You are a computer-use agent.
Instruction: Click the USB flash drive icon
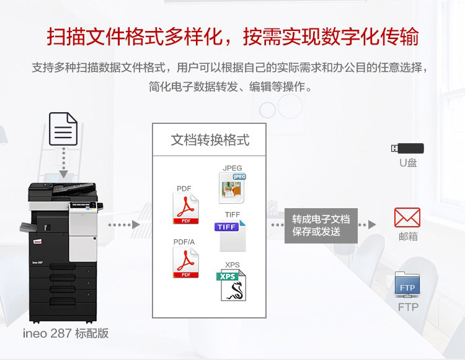[x=407, y=148]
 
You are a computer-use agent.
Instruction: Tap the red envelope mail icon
[x=407, y=217]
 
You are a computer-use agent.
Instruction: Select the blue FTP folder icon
[x=407, y=284]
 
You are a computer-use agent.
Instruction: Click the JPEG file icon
[x=232, y=188]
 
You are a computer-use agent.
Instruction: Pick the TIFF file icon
[x=231, y=235]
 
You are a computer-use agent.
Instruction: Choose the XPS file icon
[x=231, y=285]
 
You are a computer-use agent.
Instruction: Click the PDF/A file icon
[x=185, y=262]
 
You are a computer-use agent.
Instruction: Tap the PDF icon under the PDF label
[x=185, y=208]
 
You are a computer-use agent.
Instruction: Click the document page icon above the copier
[x=63, y=129]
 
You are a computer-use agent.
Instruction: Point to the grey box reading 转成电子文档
[x=321, y=226]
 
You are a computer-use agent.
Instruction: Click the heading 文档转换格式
[x=210, y=140]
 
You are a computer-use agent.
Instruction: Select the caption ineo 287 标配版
[x=66, y=333]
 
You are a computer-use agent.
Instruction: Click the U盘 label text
[x=408, y=163]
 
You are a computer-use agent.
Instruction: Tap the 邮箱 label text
[x=408, y=237]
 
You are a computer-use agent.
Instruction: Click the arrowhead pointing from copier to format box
[x=136, y=224]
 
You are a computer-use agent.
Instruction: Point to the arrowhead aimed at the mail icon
[x=372, y=224]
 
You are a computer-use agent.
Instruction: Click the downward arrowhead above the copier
[x=63, y=174]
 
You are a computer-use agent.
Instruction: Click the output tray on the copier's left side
[x=28, y=227]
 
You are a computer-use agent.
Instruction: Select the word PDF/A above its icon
[x=184, y=242]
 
